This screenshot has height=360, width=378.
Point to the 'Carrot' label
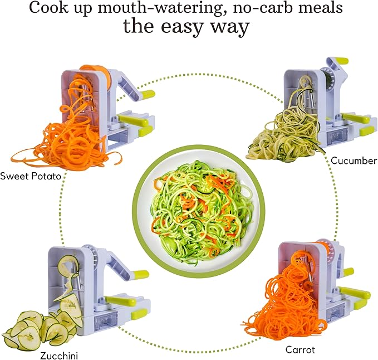[301, 349]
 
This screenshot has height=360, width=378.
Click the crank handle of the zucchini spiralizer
[139, 274]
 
